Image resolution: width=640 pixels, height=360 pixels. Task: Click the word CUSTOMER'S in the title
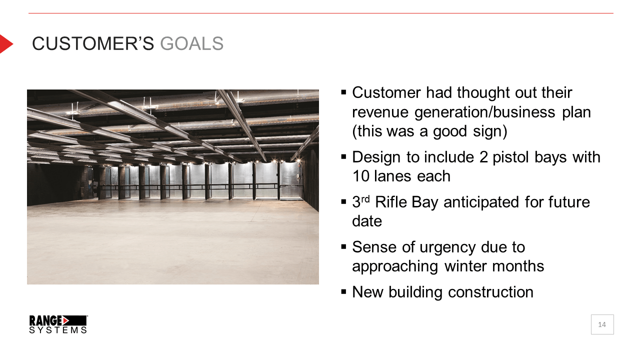(93, 43)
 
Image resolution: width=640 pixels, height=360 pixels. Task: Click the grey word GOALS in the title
(191, 43)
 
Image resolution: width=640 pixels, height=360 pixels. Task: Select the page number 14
(602, 324)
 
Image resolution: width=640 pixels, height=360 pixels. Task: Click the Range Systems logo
(58, 324)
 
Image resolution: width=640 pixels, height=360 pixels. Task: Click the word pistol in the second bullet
(510, 157)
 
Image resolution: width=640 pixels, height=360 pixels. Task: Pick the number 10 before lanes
(361, 176)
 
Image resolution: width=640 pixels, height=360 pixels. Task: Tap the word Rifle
(391, 202)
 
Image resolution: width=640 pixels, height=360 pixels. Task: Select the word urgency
(447, 247)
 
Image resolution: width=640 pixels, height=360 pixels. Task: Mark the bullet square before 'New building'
(343, 292)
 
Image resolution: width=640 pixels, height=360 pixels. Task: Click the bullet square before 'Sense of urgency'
(343, 247)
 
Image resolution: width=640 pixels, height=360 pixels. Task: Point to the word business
(524, 112)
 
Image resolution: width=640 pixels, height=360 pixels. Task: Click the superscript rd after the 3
(365, 198)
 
